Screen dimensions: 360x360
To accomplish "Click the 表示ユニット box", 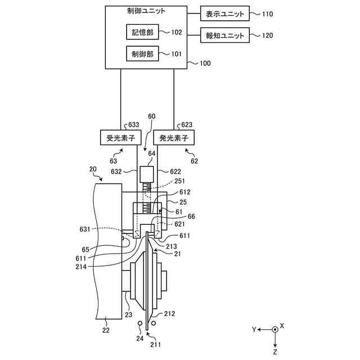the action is point(225,13).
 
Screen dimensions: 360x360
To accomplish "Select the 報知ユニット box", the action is point(225,35).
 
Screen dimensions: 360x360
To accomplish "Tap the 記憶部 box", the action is point(142,32).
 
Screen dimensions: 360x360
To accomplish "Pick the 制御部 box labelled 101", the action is point(142,53).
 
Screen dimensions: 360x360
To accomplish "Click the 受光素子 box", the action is point(121,137).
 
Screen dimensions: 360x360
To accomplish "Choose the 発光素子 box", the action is point(174,137).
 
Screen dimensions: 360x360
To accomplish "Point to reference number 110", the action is point(268,14).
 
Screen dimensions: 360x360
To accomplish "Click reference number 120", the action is point(268,35).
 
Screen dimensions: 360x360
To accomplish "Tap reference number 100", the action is point(205,63).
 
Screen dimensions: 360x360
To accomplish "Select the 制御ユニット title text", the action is point(146,11).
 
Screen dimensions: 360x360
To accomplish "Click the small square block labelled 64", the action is point(147,174).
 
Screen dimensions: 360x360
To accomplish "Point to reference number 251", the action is point(179,181).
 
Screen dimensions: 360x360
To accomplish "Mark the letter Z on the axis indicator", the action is point(275,352).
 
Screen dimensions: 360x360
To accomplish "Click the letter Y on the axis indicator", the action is point(254,330).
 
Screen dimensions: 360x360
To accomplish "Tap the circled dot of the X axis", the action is point(275,330).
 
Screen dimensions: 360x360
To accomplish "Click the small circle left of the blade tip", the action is point(140,323).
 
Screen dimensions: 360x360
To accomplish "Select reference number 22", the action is point(106,330).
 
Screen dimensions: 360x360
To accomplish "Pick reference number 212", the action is point(169,314).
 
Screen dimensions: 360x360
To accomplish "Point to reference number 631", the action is point(85,229).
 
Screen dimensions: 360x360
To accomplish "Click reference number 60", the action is point(151,116).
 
